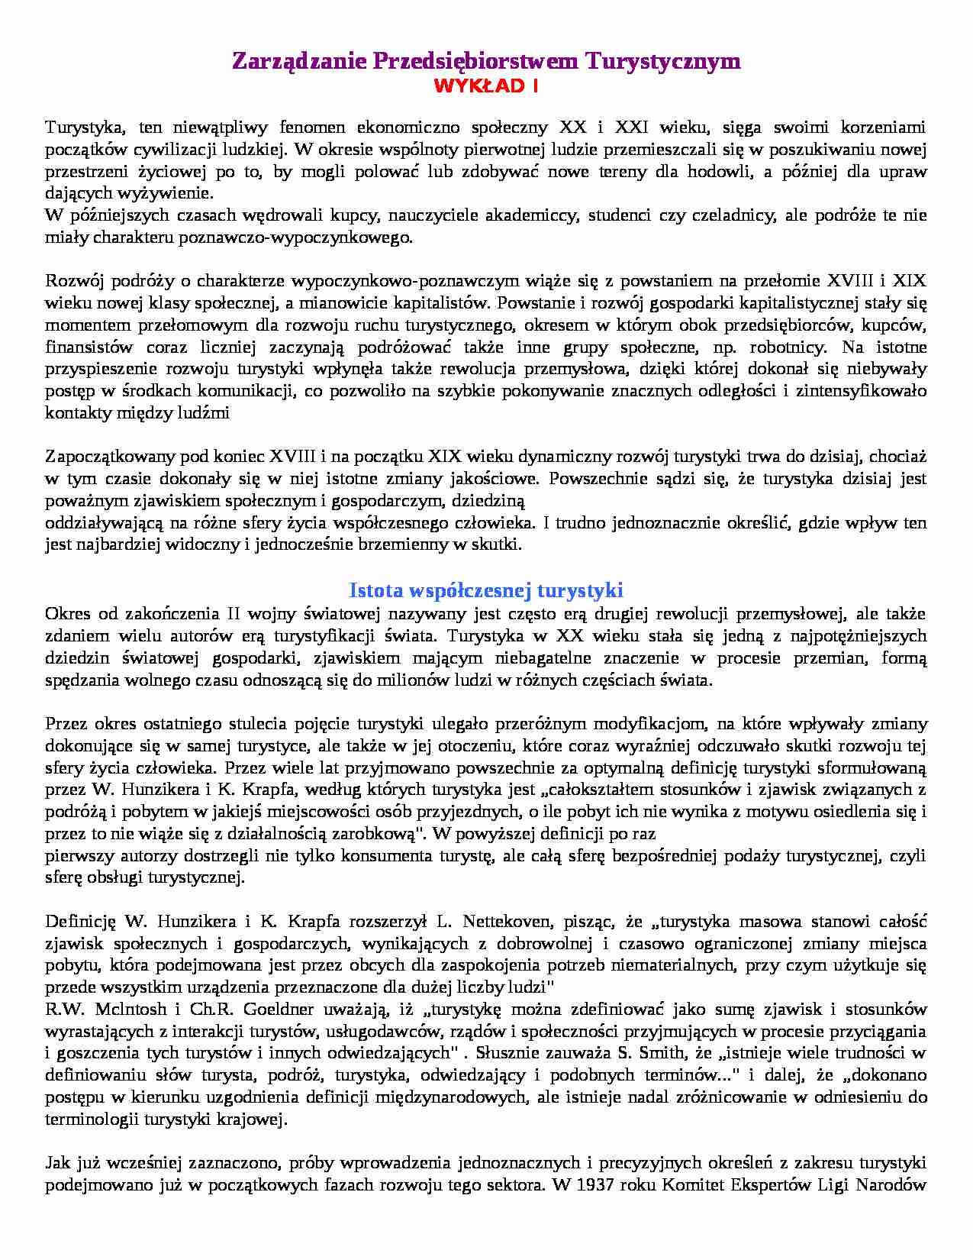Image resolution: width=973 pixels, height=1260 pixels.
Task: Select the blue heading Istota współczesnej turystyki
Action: pos(486,590)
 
